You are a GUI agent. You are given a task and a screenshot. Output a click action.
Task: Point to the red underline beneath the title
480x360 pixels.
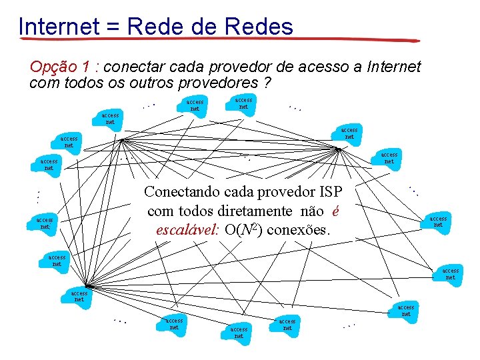coord(220,41)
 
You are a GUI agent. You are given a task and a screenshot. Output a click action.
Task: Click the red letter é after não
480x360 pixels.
coord(337,211)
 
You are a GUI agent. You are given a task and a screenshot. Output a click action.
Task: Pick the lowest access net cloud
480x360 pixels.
coord(239,332)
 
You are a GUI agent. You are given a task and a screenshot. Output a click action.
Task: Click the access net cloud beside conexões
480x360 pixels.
coord(437,221)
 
